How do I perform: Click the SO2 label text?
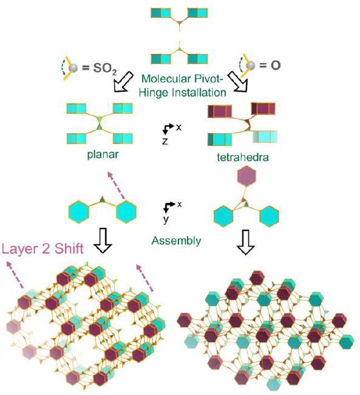105,68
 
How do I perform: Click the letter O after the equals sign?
276,66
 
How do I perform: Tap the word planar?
103,154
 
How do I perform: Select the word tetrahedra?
243,157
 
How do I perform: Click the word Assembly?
176,241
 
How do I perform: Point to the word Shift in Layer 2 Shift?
69,249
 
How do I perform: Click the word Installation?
199,92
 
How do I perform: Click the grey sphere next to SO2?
73,68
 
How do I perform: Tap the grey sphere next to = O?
251,66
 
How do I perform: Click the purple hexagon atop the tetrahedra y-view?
246,176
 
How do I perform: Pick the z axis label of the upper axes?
165,141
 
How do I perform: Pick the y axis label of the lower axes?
165,219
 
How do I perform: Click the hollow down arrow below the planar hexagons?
103,240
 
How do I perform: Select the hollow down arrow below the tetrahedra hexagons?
245,242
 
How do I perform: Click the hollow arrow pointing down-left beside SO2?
123,81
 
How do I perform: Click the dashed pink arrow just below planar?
117,187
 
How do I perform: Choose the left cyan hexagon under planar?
79,211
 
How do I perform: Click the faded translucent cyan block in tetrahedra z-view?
265,137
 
